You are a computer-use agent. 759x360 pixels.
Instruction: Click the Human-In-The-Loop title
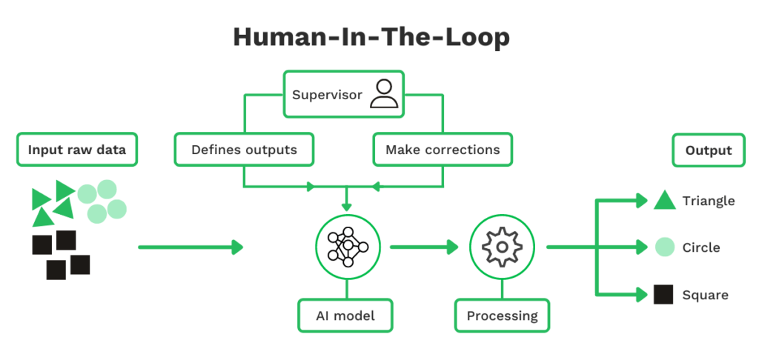tap(371, 37)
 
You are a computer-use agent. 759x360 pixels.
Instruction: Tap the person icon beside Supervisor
tap(383, 95)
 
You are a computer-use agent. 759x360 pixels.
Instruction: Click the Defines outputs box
tap(244, 150)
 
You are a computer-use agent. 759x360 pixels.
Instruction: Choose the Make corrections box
tap(443, 150)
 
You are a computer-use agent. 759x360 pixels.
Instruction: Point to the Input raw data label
tap(77, 150)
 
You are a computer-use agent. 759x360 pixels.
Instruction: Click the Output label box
tap(709, 150)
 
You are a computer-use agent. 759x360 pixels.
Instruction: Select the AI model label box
tap(345, 316)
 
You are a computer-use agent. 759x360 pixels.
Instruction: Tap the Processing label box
tap(502, 316)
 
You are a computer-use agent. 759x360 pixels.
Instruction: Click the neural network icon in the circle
tap(347, 247)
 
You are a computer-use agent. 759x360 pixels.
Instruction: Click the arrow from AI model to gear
tap(425, 247)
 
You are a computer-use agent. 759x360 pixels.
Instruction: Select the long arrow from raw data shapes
tap(191, 247)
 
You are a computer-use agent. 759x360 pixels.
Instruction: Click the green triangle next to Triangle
tap(664, 201)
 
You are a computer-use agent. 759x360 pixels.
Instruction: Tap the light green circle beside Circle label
tap(664, 247)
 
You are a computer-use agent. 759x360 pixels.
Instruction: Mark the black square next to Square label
tap(663, 295)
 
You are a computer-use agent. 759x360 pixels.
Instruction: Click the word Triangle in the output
tap(709, 201)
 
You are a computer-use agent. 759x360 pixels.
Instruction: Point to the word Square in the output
tap(705, 295)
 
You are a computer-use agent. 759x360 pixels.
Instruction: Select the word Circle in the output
tap(701, 247)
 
